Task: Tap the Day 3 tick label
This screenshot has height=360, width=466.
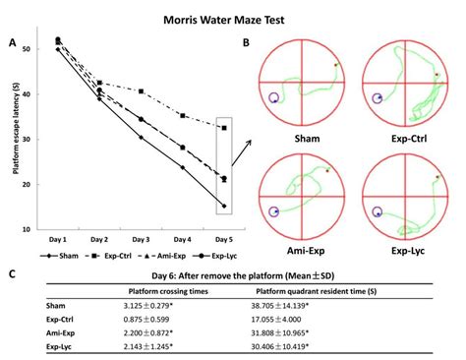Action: click(x=141, y=239)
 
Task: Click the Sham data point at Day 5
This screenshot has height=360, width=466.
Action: click(x=224, y=207)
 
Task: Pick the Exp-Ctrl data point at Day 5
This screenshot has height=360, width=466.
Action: click(x=224, y=128)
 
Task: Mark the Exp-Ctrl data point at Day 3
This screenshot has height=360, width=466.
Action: click(x=141, y=91)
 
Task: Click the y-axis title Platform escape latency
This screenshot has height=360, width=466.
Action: click(x=17, y=133)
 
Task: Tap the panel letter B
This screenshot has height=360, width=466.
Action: click(x=246, y=43)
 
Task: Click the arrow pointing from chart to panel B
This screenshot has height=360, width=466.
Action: click(x=242, y=148)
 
